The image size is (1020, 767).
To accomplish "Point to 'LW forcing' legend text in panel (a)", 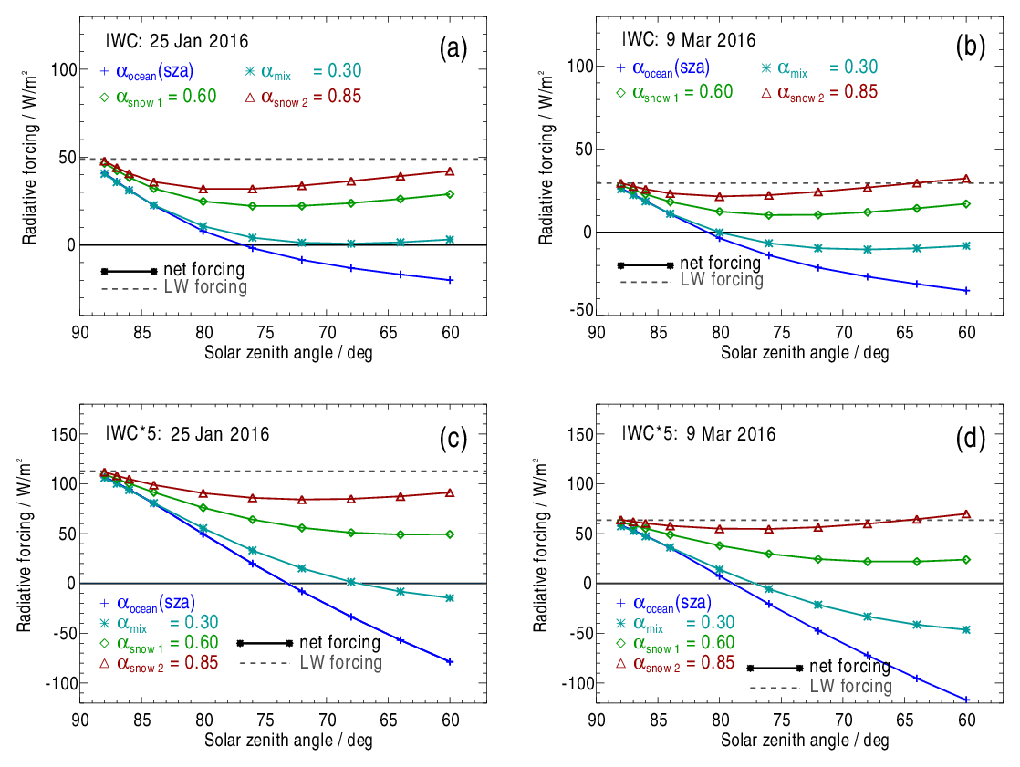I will click(205, 287).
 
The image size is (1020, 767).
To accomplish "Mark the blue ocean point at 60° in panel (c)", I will click(450, 661).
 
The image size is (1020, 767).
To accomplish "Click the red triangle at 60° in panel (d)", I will click(966, 514).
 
